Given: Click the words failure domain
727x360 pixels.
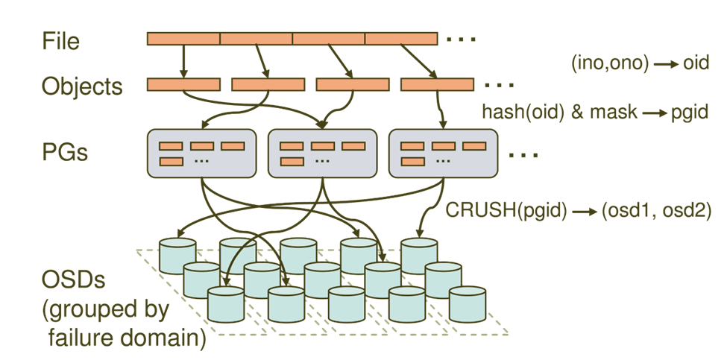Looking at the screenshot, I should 128,338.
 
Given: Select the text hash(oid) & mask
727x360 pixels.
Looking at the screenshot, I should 560,112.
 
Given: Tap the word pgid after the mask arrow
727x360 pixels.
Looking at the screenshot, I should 689,112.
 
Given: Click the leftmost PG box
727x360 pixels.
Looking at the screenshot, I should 201,154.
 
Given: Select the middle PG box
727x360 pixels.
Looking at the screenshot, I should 322,154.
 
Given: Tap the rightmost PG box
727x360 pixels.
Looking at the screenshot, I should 443,154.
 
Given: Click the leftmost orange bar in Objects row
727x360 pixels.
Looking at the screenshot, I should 183,85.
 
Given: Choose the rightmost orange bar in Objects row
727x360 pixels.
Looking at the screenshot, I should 437,85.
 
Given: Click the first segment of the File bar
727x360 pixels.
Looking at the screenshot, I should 183,39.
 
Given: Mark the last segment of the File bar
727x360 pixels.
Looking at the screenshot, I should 401,39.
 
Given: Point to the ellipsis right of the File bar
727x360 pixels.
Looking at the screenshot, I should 462,39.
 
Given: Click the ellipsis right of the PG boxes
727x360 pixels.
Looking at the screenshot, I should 524,155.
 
